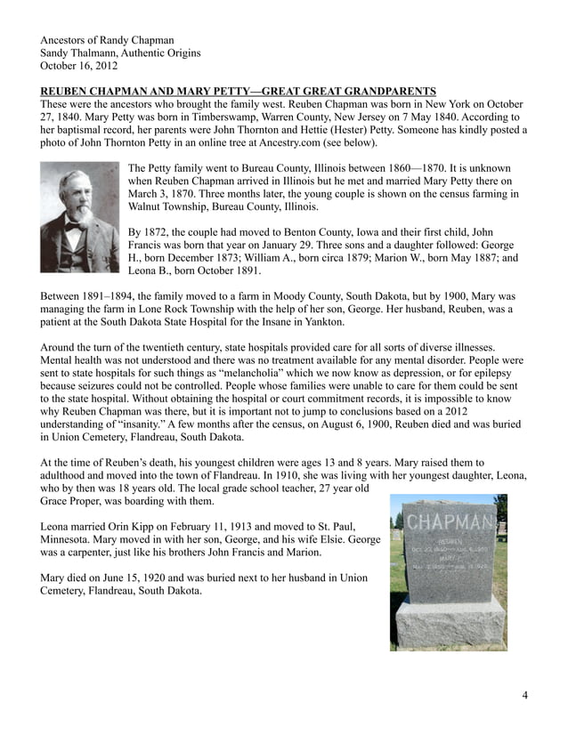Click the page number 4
pos(524,695)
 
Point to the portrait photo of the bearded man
pos(79,216)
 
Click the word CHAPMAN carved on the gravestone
pos(449,522)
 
